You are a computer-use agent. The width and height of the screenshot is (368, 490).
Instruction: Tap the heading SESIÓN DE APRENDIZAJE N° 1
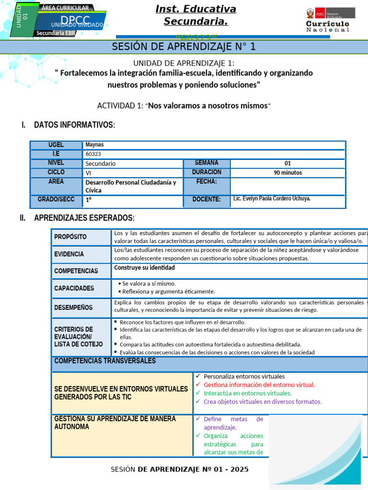pos(184,46)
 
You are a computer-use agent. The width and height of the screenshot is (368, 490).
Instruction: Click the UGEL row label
pos(56,145)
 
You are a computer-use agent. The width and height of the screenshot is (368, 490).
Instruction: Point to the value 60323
pos(93,154)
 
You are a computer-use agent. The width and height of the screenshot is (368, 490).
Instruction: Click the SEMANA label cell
pos(207,163)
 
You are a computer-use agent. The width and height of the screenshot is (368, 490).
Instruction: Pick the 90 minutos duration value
pos(287,173)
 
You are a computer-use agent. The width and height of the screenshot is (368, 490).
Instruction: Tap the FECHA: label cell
pos(207,182)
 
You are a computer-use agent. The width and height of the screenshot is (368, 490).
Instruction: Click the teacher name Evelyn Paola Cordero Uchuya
pos(272,198)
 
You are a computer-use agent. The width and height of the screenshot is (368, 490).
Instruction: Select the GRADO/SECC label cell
pos(56,199)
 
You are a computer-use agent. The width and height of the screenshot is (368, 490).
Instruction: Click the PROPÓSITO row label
pos(70,237)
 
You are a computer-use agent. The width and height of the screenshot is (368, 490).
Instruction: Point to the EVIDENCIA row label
pos(69,254)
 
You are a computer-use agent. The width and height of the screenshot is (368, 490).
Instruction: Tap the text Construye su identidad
pos(144,268)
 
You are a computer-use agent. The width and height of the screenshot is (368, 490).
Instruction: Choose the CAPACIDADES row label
pos(74,288)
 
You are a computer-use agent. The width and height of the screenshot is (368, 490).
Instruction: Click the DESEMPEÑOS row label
pos(73,307)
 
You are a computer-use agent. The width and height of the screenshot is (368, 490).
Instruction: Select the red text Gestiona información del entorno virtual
pos(259,385)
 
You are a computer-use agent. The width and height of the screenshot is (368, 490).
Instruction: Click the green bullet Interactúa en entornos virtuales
pos(247,393)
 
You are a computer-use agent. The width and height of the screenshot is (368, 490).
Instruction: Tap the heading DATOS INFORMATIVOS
pos(74,125)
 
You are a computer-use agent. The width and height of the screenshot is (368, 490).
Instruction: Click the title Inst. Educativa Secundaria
pos(195,15)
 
